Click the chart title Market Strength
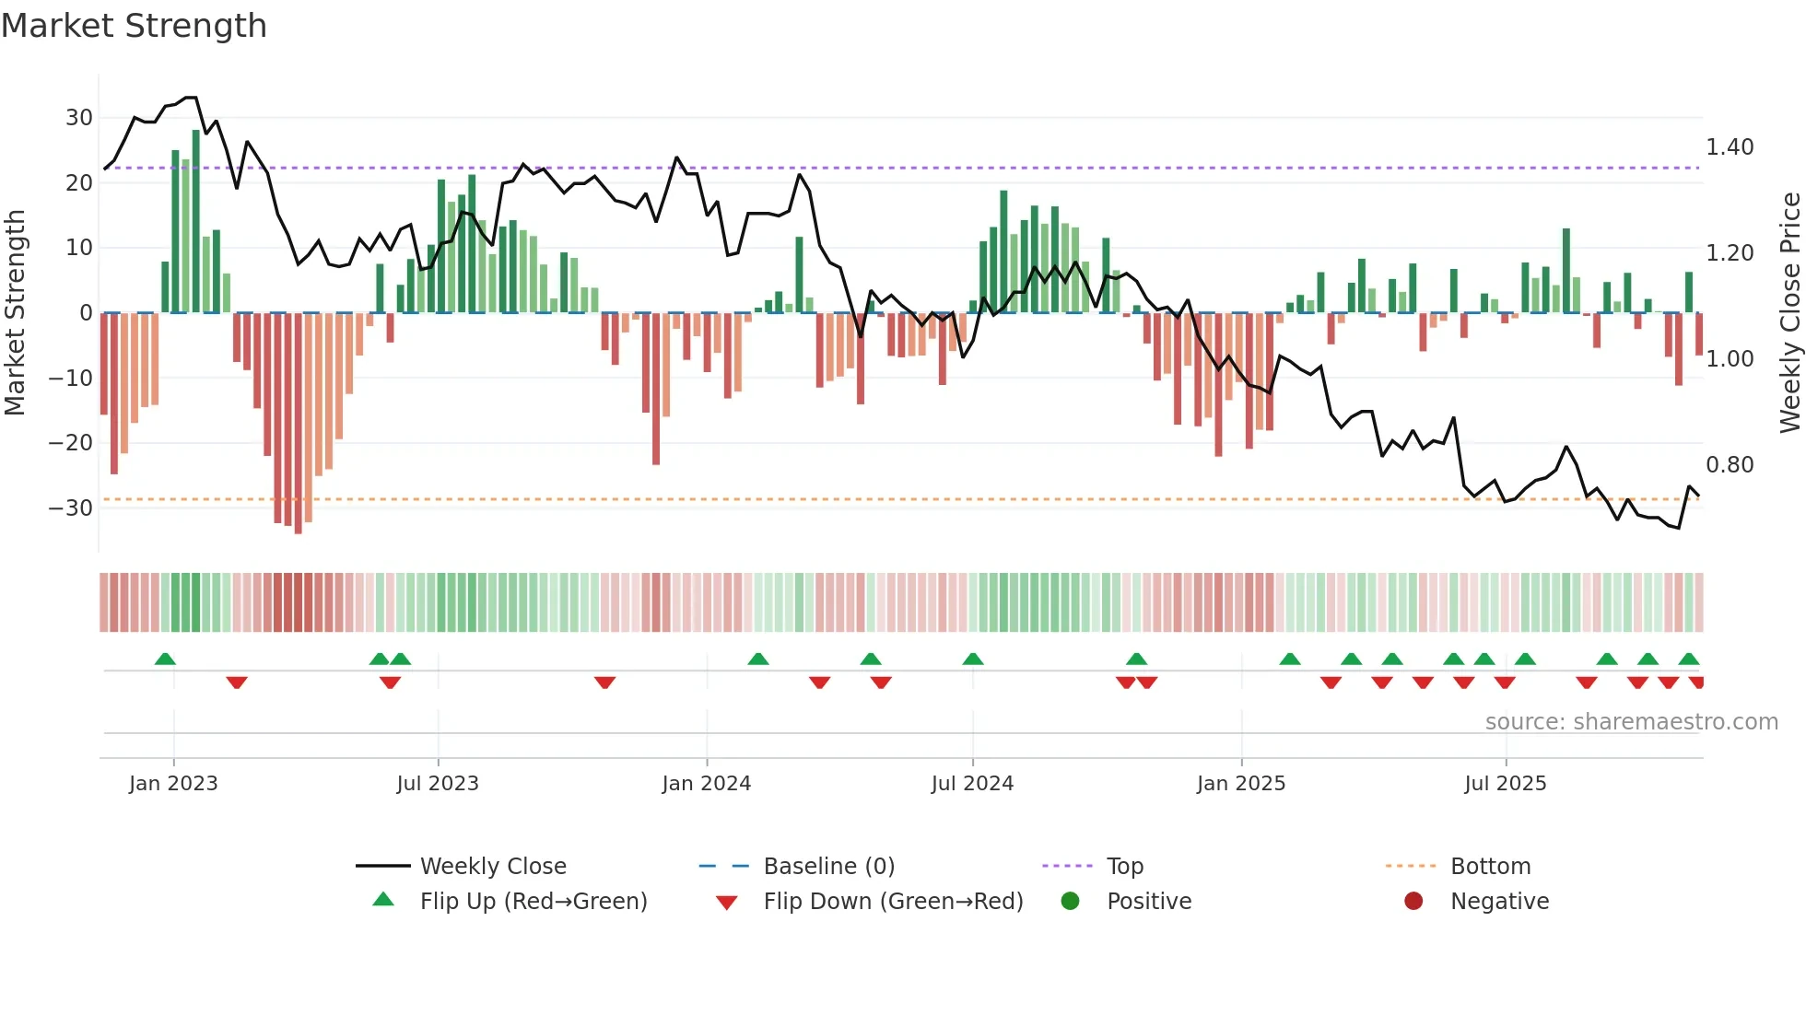point(134,26)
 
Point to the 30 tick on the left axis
point(79,118)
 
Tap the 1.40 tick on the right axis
point(1730,147)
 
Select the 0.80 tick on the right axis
point(1730,465)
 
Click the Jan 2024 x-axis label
point(706,784)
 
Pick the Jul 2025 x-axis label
point(1505,784)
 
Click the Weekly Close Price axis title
point(1789,313)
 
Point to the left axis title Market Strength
point(15,313)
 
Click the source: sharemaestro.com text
point(1631,722)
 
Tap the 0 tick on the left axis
point(86,313)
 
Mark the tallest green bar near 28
point(195,221)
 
